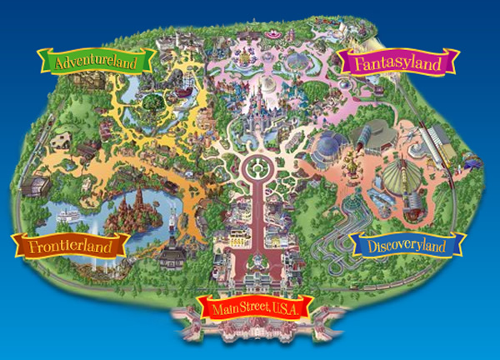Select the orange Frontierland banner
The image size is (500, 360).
[x=70, y=245]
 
